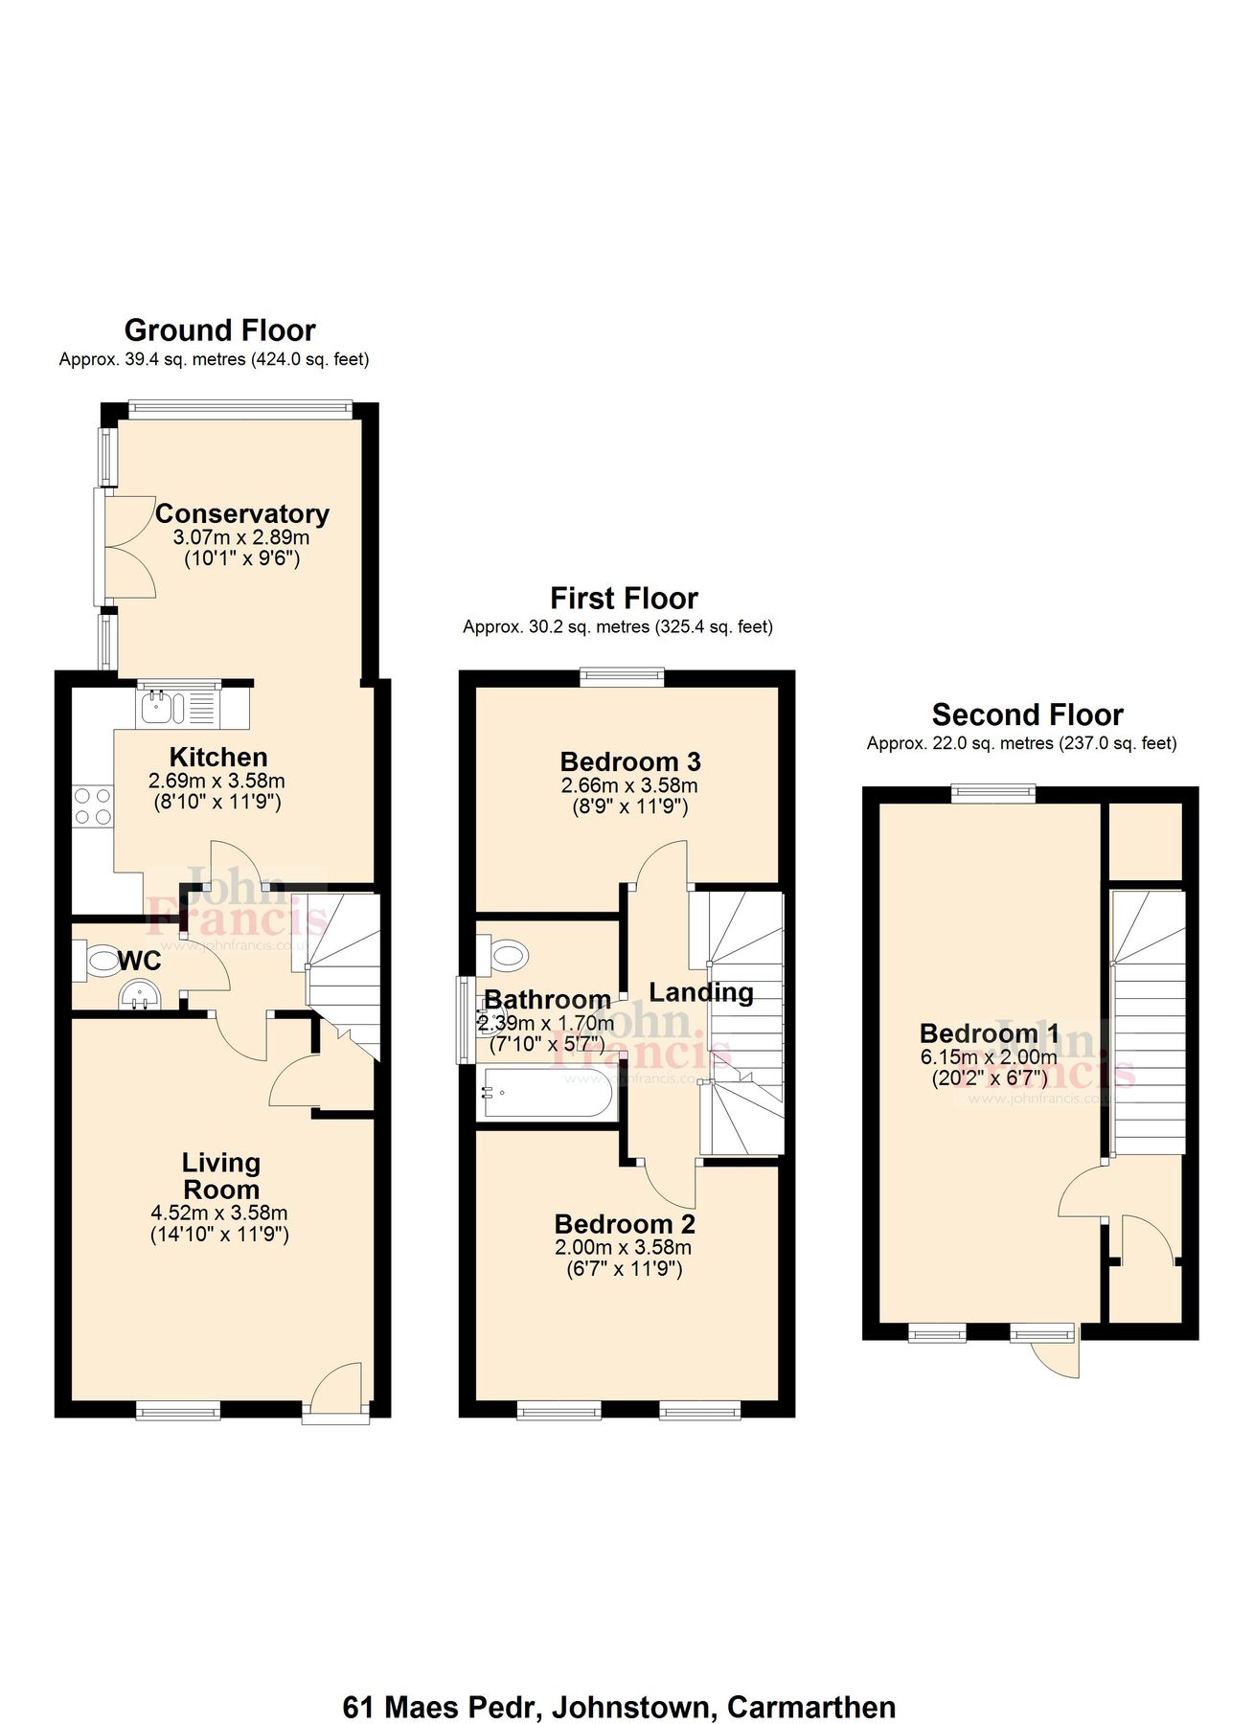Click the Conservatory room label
[x=242, y=514]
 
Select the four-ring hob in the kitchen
[x=93, y=805]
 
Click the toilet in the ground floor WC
[x=96, y=958]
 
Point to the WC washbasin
[x=140, y=995]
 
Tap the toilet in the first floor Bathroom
[x=504, y=954]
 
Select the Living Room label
[x=221, y=1176]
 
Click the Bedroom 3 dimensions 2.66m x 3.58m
[x=629, y=786]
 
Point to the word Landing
[x=701, y=993]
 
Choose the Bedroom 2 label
[x=625, y=1224]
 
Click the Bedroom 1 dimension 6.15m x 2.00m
[x=989, y=1057]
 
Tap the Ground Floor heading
[x=219, y=330]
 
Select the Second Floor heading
[x=1027, y=715]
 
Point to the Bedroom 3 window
[x=622, y=677]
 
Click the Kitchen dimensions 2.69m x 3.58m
[x=217, y=781]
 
